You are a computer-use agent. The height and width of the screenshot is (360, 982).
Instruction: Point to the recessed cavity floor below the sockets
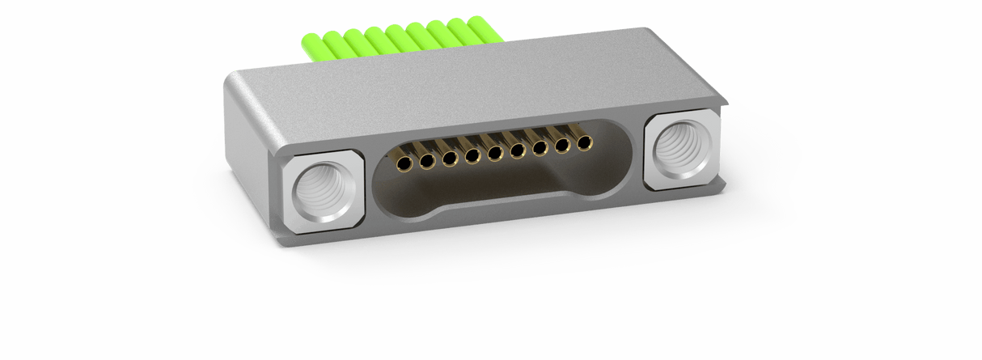[485, 190]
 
